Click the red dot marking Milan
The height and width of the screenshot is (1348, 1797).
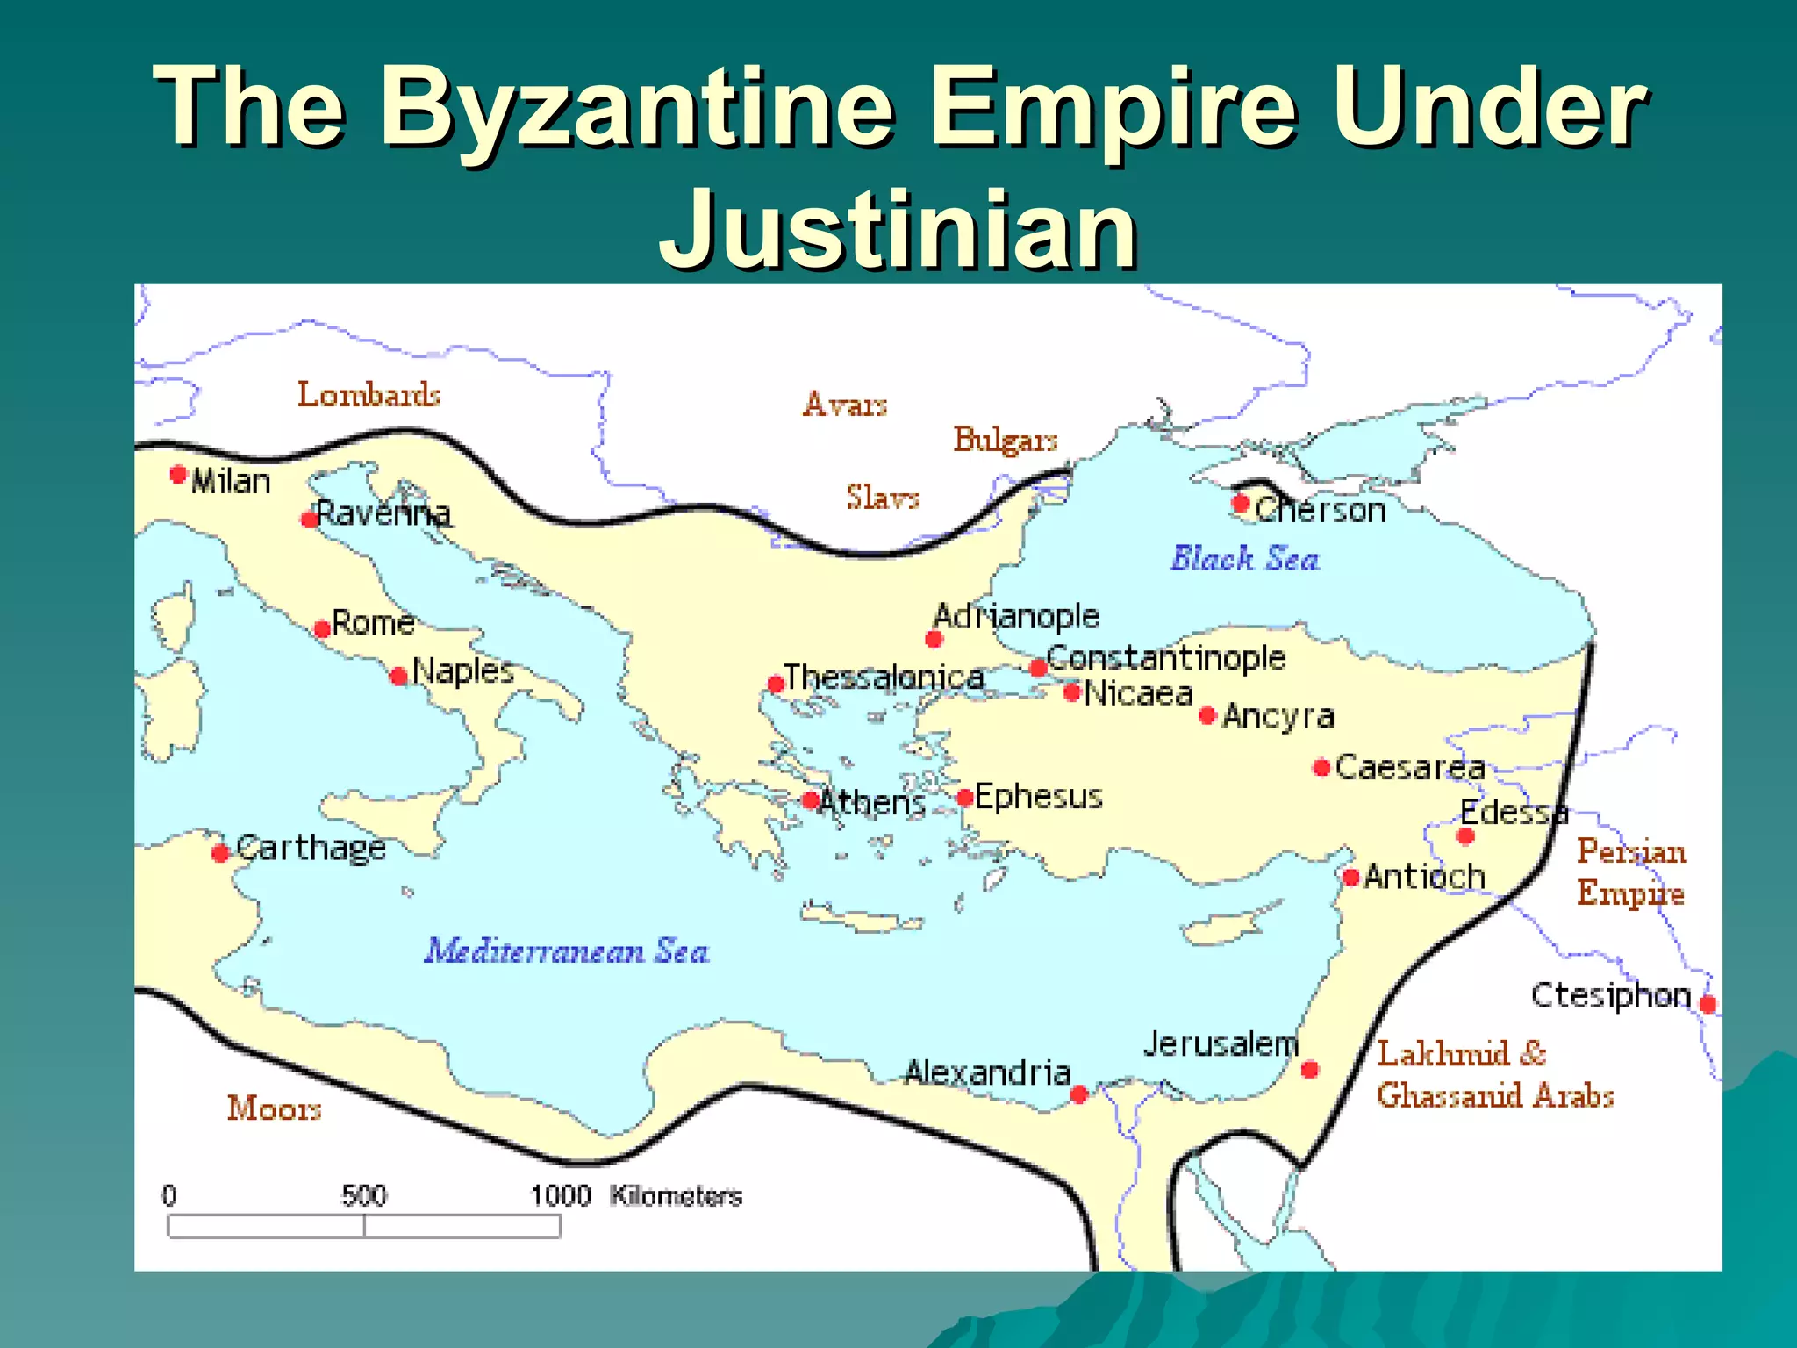pyautogui.click(x=178, y=475)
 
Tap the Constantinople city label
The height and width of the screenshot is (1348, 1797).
pyautogui.click(x=1165, y=657)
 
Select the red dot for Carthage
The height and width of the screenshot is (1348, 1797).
pyautogui.click(x=220, y=852)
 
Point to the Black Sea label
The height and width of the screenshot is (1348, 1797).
pyautogui.click(x=1244, y=559)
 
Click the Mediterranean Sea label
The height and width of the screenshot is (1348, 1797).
pyautogui.click(x=567, y=951)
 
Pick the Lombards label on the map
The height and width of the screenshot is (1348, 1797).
pyautogui.click(x=369, y=395)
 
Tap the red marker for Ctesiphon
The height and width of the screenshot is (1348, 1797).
pyautogui.click(x=1708, y=1004)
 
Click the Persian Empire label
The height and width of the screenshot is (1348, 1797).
pyautogui.click(x=1631, y=872)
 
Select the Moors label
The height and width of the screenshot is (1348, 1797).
pyautogui.click(x=274, y=1108)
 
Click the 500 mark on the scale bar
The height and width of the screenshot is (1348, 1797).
pyautogui.click(x=364, y=1195)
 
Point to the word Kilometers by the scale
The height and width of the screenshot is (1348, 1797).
pyautogui.click(x=676, y=1195)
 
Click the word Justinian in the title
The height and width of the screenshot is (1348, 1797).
pyautogui.click(x=898, y=230)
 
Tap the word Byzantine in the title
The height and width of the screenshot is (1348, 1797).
pyautogui.click(x=638, y=108)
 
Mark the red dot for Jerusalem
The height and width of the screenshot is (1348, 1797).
pyautogui.click(x=1309, y=1069)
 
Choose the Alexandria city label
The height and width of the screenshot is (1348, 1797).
pyautogui.click(x=987, y=1072)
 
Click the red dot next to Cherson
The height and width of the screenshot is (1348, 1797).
pyautogui.click(x=1240, y=504)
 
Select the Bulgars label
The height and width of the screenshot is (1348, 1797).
pyautogui.click(x=1006, y=440)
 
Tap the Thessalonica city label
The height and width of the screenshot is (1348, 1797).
pyautogui.click(x=883, y=678)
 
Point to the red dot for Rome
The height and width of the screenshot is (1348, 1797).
pyautogui.click(x=322, y=628)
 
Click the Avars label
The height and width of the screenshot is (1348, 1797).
pyautogui.click(x=845, y=405)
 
